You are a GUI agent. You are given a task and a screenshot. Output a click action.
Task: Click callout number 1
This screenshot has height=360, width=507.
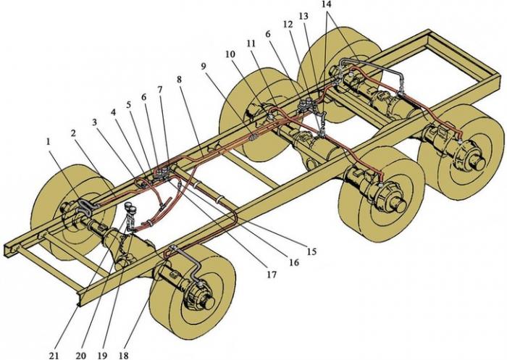[x=49, y=142]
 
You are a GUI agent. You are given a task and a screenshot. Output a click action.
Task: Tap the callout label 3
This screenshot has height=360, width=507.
[x=95, y=122]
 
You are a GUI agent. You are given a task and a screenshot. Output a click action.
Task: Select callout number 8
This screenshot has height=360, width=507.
[x=180, y=79]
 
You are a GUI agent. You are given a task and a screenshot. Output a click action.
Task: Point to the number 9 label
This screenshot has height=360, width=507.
[x=203, y=66]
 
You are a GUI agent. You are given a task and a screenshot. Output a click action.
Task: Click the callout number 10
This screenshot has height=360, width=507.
[x=230, y=54]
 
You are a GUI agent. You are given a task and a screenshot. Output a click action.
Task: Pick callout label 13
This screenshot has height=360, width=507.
[x=303, y=16]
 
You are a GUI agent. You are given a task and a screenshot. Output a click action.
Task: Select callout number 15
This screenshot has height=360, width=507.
[x=311, y=251]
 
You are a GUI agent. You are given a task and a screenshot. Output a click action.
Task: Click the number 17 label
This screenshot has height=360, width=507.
[x=272, y=275]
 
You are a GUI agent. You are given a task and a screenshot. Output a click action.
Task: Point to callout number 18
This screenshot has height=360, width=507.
[x=124, y=356]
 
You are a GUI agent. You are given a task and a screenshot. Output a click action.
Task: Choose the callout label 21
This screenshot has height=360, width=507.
[x=54, y=356]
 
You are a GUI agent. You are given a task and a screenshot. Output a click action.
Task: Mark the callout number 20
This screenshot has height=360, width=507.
[x=81, y=356]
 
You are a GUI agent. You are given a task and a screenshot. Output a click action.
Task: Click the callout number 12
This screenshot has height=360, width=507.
[x=288, y=25]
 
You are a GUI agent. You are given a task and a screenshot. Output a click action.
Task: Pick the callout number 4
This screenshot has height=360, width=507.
[x=113, y=112]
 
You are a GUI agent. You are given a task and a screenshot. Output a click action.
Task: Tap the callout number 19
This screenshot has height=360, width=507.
[x=102, y=356]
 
